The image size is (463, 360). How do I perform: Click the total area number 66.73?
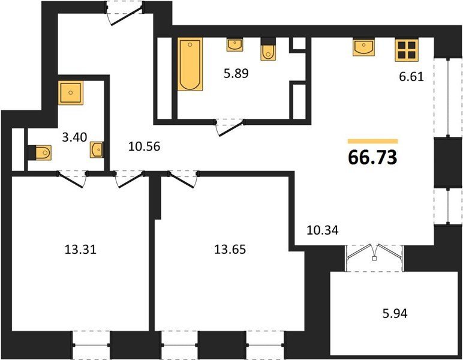pos(372,157)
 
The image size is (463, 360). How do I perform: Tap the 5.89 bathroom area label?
pos(236,73)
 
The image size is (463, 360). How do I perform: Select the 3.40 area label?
pos(75,137)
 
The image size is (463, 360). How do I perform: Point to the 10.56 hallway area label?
pos(144,146)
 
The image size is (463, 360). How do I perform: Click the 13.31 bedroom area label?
pos(80,250)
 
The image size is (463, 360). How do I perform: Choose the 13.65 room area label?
pos(230,250)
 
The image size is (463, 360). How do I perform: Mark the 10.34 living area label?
pos(323,230)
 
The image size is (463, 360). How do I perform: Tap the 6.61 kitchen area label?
pos(411,77)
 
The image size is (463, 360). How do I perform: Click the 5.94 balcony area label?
pos(395,313)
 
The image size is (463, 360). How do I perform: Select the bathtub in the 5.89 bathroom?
pos(190,64)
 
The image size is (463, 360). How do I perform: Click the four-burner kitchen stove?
pos(407,50)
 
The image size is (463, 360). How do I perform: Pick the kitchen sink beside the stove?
pos(364,47)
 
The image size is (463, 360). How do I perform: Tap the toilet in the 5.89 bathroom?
pos(268,50)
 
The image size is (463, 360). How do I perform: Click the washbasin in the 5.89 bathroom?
pos(234,44)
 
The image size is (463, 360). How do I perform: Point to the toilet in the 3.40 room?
pos(40,152)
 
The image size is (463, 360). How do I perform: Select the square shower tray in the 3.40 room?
pos(71,93)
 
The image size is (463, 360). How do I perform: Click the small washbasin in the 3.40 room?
pos(97,150)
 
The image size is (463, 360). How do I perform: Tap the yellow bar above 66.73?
pos(372,141)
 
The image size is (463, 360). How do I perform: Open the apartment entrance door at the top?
pos(125,13)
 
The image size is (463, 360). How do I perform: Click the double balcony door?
pos(374,253)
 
